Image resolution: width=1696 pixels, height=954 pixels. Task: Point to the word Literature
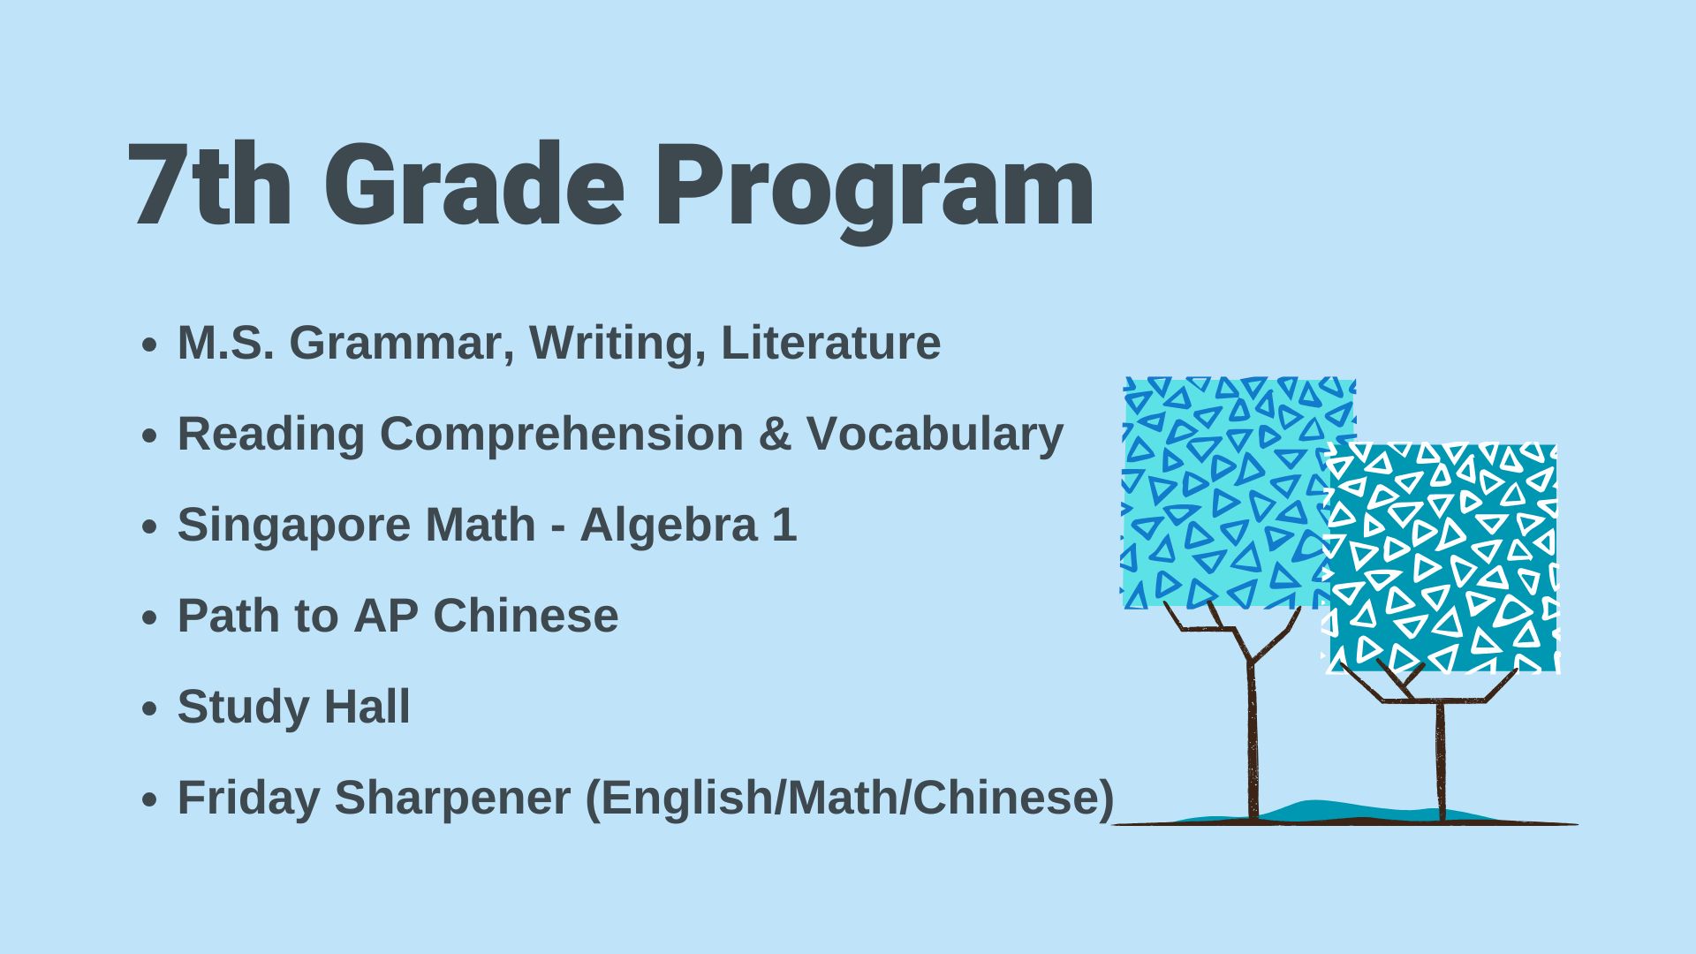[x=830, y=343]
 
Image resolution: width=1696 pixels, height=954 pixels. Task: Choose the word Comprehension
[x=562, y=435]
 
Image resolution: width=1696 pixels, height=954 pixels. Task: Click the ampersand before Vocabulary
[x=775, y=435]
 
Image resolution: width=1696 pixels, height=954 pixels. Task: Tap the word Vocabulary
[x=935, y=435]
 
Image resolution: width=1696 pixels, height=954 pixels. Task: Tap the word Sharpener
[x=452, y=799]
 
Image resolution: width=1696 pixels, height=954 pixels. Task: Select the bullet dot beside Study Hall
[x=149, y=708]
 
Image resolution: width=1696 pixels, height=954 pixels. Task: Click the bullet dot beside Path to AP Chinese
[x=149, y=617]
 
